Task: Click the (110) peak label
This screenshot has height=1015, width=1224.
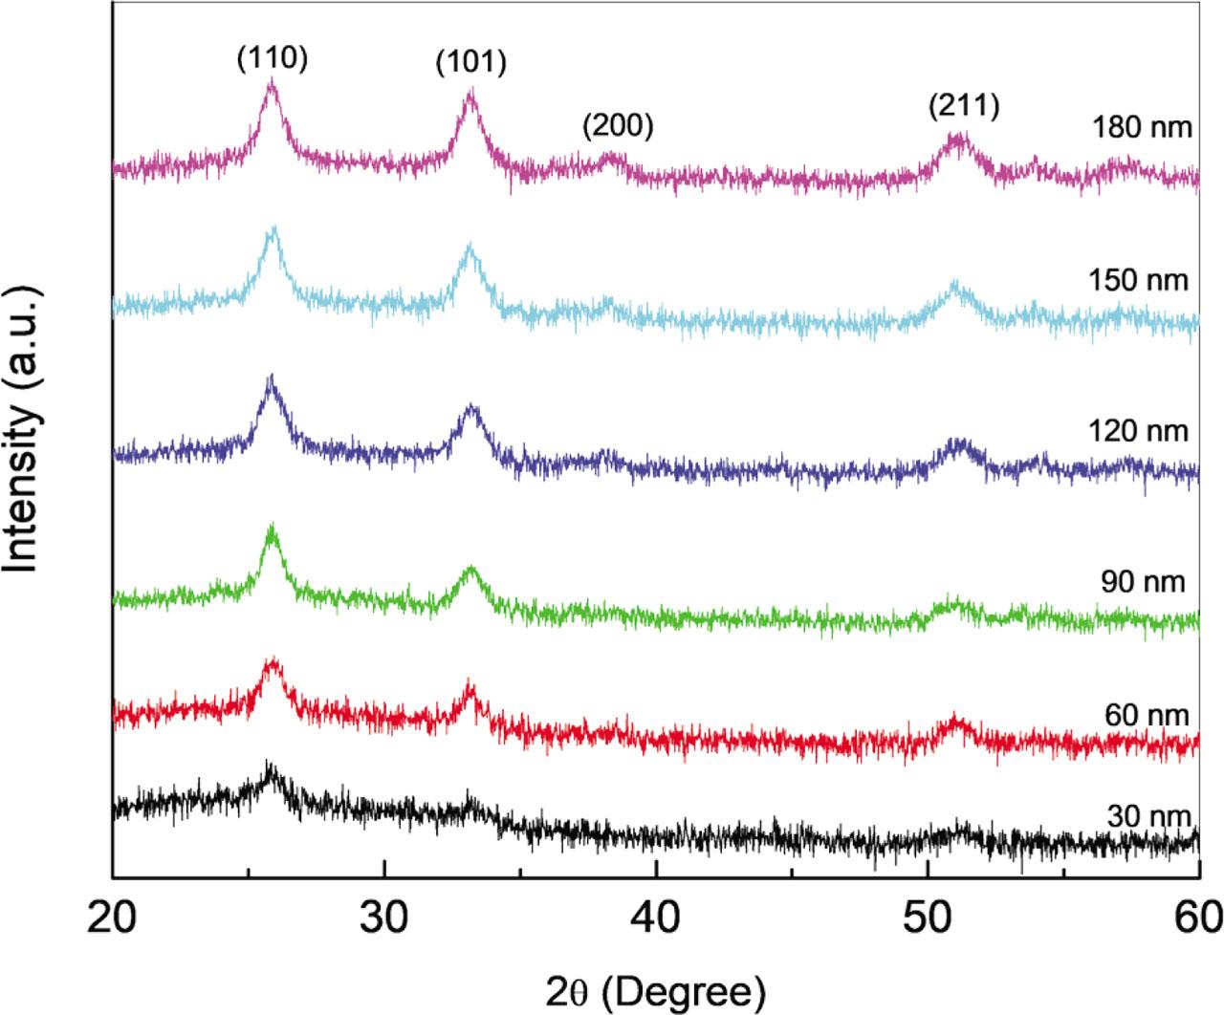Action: pyautogui.click(x=272, y=59)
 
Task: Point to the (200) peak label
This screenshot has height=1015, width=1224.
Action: pyautogui.click(x=617, y=126)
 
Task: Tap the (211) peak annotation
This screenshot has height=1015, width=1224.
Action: pyautogui.click(x=963, y=107)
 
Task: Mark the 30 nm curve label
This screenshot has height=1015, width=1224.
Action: pyautogui.click(x=1147, y=816)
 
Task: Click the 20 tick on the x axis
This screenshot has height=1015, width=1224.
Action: pyautogui.click(x=113, y=921)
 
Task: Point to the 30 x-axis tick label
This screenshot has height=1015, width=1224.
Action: pyautogui.click(x=384, y=921)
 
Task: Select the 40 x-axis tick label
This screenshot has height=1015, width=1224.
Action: pyautogui.click(x=656, y=921)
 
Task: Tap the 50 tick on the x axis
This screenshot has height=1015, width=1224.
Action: pyautogui.click(x=928, y=921)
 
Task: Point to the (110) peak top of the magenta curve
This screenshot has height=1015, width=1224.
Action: pyautogui.click(x=272, y=83)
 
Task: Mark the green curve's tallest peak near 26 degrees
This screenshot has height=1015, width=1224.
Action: pyautogui.click(x=273, y=528)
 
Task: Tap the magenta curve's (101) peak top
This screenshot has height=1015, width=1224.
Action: pyautogui.click(x=470, y=93)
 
